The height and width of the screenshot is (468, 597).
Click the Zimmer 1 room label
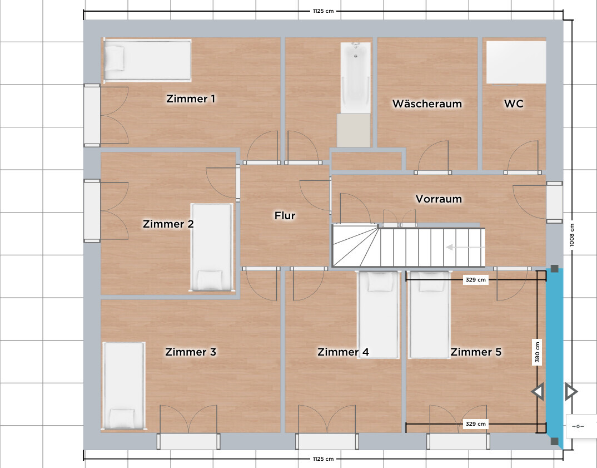[191, 98]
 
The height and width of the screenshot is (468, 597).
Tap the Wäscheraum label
[427, 104]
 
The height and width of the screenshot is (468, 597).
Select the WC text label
[514, 104]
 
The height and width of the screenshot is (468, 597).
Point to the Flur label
[285, 216]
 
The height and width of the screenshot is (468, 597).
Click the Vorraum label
[439, 199]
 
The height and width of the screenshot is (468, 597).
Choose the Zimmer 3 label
[191, 352]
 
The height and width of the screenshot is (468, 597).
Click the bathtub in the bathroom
[355, 78]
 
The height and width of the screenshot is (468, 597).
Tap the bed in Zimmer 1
[148, 60]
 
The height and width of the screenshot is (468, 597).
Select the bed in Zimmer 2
[211, 247]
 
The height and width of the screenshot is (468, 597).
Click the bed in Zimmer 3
[124, 386]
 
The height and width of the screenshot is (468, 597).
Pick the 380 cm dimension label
[537, 352]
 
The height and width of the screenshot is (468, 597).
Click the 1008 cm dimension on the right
[571, 235]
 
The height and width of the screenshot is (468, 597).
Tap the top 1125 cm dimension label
[324, 11]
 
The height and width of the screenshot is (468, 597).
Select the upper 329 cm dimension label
[476, 280]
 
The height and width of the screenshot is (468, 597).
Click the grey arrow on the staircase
[465, 247]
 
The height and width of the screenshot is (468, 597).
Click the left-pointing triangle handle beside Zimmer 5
[538, 392]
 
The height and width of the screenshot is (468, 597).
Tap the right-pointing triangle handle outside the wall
[571, 392]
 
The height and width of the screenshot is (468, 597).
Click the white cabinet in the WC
[516, 62]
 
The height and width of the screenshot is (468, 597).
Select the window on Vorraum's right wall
[554, 202]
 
